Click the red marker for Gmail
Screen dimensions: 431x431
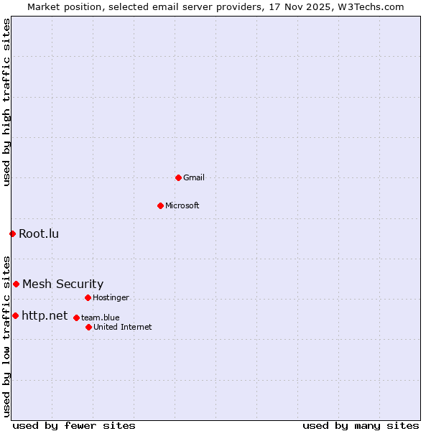[x=178, y=177]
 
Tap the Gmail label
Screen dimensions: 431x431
[x=193, y=177]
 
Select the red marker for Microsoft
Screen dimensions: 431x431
[x=160, y=205]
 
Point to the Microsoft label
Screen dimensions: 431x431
[x=182, y=205]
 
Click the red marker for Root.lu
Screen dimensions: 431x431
[x=12, y=233]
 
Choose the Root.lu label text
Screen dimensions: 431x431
[x=39, y=233]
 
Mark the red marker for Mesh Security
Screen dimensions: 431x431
[x=16, y=284]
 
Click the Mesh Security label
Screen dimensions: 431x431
[x=62, y=284]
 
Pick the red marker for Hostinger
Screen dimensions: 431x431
[x=88, y=297]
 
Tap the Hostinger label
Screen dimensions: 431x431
[x=111, y=297]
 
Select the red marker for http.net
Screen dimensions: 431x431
[x=15, y=315]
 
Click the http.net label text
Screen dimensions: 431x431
[x=45, y=315]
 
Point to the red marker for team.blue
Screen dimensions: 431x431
[x=76, y=318]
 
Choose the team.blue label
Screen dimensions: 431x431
[x=100, y=318]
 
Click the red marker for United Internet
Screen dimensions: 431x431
[x=88, y=327]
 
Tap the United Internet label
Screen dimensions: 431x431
[x=122, y=327]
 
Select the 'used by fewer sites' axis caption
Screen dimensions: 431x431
[x=74, y=425]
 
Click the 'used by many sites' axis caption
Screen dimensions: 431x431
[x=361, y=425]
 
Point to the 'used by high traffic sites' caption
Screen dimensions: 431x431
[x=6, y=102]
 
